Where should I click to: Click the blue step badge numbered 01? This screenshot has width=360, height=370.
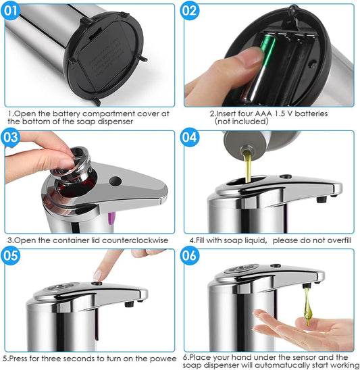tap(10, 11)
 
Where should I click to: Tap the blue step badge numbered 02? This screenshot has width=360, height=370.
tap(190, 11)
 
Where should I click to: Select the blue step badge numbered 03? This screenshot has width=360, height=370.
tap(10, 137)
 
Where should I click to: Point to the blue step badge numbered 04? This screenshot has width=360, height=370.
tap(190, 137)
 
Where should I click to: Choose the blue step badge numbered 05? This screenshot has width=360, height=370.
tap(10, 255)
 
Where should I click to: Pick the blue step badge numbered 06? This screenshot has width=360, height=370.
tap(190, 255)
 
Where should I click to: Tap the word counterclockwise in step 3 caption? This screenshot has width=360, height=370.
tap(135, 240)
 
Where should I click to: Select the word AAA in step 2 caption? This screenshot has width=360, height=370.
tap(263, 113)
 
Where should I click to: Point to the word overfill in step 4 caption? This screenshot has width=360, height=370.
tap(338, 240)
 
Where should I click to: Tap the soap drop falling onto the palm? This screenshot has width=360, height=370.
tap(307, 307)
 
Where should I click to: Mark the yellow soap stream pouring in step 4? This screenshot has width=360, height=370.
tap(247, 166)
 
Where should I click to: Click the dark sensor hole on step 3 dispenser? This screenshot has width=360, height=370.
tap(115, 181)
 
